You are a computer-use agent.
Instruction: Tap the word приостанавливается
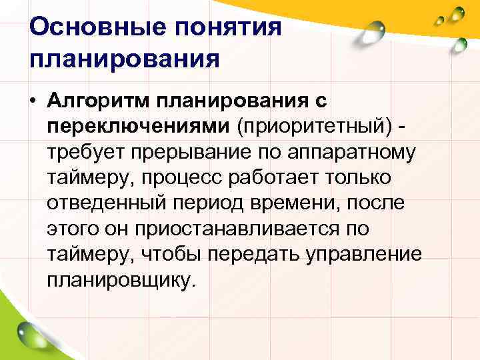pos(237,229)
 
